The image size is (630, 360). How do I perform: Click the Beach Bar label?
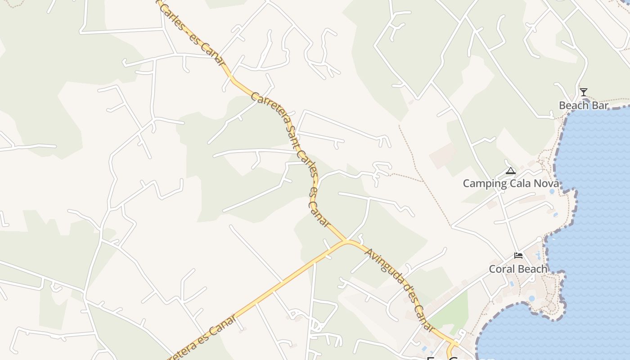click(584, 106)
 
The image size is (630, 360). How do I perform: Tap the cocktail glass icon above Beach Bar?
click(584, 92)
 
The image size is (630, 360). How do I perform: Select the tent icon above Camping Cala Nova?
click(510, 171)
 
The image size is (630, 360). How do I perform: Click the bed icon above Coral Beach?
click(518, 256)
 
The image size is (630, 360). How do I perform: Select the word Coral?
click(502, 269)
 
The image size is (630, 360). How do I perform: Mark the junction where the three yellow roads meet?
click(347, 242)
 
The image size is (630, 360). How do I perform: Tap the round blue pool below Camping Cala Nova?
click(552, 191)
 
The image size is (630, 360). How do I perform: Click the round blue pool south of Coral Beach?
click(532, 298)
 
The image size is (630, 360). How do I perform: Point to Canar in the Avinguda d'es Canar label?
click(425, 319)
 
